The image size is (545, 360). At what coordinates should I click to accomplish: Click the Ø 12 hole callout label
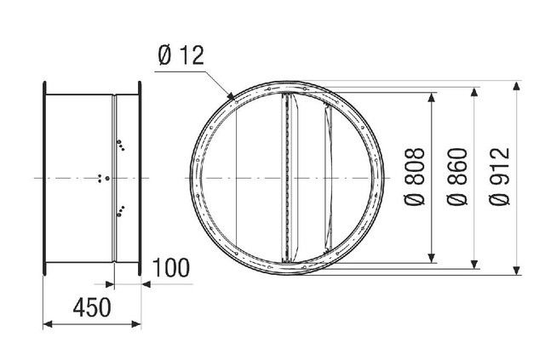coord(181,55)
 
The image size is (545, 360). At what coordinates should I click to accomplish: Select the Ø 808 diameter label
coord(415,177)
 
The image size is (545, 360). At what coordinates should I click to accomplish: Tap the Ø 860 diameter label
coord(457,176)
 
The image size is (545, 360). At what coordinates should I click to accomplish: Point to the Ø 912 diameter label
coord(500,176)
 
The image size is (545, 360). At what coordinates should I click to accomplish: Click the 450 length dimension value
coord(92,307)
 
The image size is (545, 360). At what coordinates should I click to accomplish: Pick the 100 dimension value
coord(171,268)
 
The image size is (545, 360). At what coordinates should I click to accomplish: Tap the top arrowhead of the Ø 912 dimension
coord(517,86)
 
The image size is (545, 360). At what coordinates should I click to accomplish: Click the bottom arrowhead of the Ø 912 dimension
coord(517,270)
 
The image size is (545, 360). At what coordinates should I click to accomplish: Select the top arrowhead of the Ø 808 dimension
coord(432,97)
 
